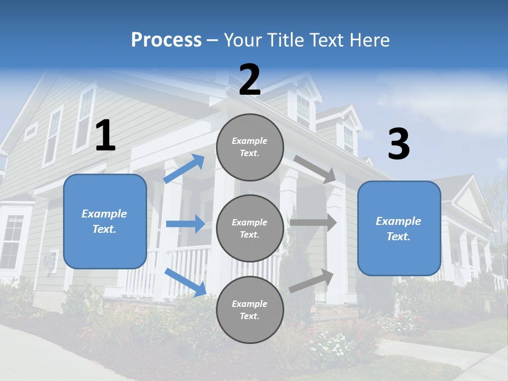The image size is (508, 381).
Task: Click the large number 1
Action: (105, 135)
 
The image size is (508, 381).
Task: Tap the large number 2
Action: (250, 80)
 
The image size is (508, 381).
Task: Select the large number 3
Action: (398, 144)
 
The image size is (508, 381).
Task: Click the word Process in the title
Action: (166, 40)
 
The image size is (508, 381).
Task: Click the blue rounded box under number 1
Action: (105, 221)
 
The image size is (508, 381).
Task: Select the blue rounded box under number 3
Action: (399, 228)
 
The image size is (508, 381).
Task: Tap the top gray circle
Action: (250, 147)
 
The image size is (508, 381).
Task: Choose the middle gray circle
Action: (250, 228)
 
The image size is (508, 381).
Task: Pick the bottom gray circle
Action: (250, 310)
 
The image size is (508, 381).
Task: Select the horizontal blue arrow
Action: (185, 224)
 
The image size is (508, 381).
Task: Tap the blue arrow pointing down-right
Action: (185, 282)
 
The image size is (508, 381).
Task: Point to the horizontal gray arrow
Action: (313, 223)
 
